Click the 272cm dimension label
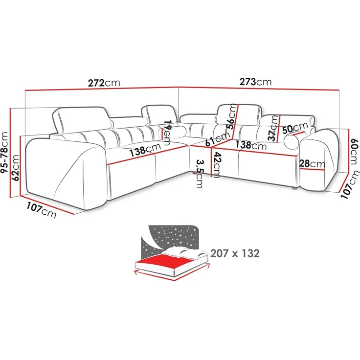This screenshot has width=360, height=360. click(104, 83)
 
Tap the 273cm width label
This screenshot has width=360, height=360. click(255, 82)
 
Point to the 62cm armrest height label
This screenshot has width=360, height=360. click(15, 168)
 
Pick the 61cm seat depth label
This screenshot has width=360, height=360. click(218, 139)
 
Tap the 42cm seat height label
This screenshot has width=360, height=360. click(216, 165)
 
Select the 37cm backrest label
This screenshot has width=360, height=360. click(273, 128)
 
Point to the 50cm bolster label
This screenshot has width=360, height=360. click(295, 128)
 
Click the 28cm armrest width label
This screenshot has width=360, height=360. click(312, 164)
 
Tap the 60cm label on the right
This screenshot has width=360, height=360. click(354, 152)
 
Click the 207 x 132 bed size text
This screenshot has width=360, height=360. click(235, 253)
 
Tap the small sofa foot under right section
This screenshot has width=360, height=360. click(293, 188)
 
